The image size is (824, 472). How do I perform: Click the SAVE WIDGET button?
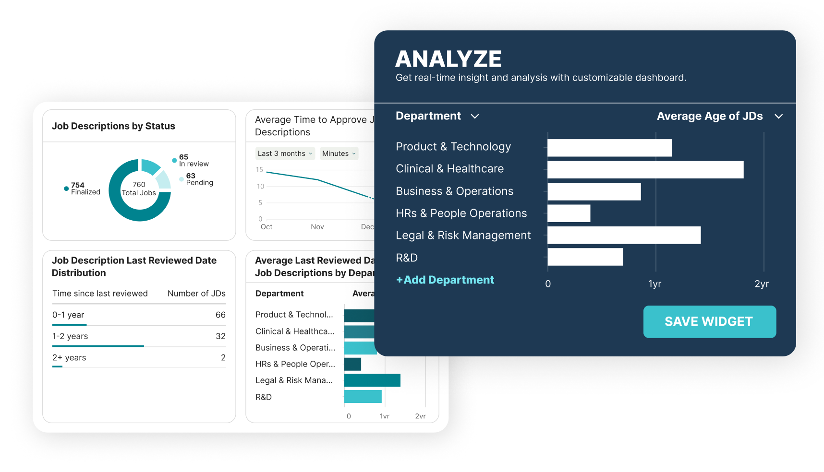coord(709,321)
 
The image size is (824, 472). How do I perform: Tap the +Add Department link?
coord(445,280)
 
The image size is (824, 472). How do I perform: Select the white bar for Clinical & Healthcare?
coord(645,170)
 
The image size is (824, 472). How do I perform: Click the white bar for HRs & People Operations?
coord(569,213)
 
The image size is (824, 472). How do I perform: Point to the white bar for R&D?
coord(585,257)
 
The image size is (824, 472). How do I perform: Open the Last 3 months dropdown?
coord(285,153)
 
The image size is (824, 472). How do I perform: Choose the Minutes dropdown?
coord(339,153)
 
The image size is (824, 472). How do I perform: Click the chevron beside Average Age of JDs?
coord(778,117)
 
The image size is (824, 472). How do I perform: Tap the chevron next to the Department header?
coord(475,117)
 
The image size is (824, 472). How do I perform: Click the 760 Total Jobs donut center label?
coord(139,189)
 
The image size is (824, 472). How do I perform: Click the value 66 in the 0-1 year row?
coord(220,315)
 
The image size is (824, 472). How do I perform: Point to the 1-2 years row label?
coord(70,336)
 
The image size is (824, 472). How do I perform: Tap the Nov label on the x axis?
coord(317,227)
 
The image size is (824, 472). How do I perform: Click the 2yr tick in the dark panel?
coord(762,284)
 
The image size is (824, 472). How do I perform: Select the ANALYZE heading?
coord(448,59)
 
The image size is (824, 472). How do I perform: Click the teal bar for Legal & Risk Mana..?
coord(372,380)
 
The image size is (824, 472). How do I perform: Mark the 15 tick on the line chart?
coord(260,170)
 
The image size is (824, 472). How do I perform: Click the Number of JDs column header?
coord(196,294)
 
